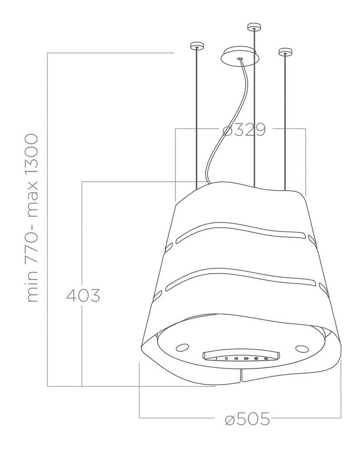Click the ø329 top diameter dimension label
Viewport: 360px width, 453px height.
244,130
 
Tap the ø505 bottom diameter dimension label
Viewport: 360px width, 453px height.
247,419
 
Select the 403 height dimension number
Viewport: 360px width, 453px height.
83,296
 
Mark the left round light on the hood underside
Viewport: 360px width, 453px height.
182,347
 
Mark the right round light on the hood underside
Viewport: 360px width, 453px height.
302,349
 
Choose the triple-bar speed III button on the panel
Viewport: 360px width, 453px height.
236,358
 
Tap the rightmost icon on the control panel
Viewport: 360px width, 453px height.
266,358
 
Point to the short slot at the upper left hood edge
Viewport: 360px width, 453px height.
169,247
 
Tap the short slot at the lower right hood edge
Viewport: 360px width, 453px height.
323,288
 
